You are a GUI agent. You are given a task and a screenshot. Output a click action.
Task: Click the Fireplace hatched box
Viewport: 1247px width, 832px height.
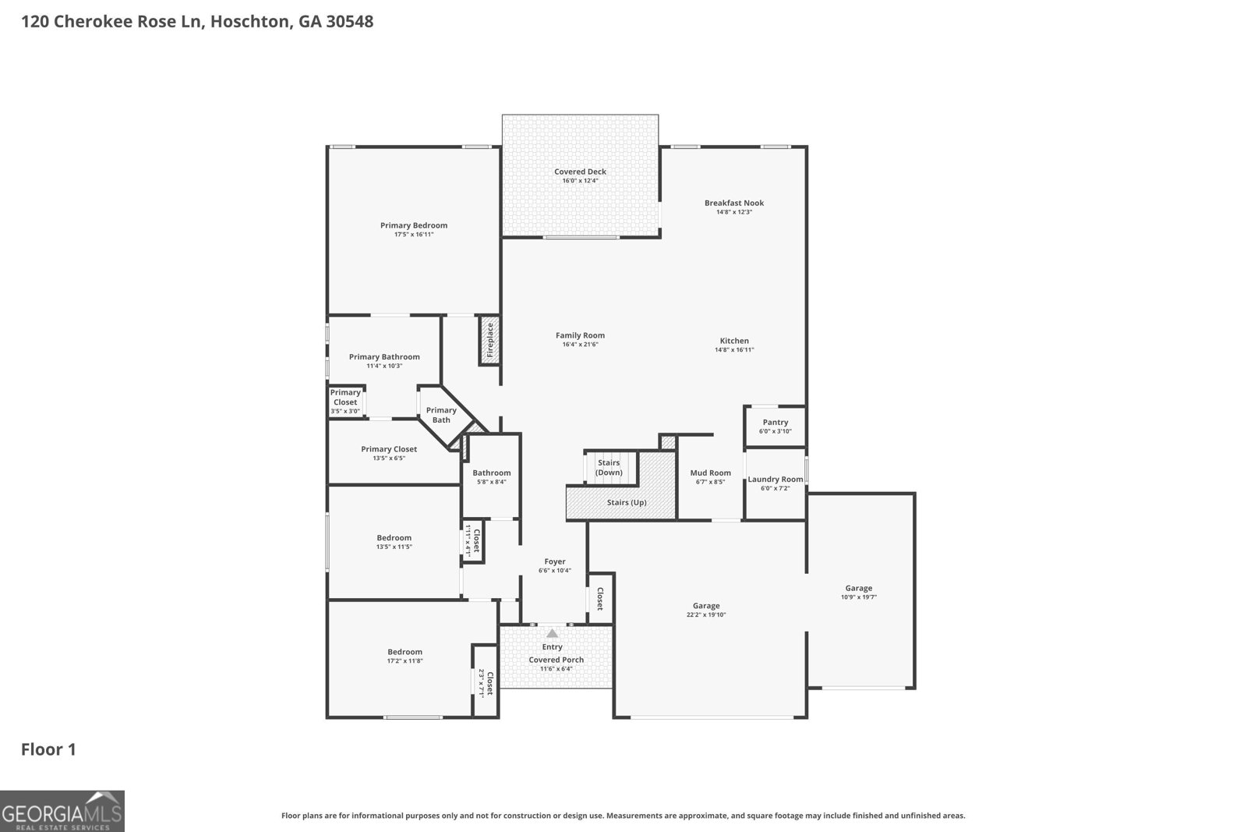click(490, 340)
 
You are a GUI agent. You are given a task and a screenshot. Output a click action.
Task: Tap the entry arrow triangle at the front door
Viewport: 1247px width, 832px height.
click(553, 633)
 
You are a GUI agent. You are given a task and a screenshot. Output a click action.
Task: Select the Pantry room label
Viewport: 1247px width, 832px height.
click(775, 422)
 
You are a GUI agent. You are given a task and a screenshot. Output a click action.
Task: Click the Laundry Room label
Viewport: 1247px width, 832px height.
click(775, 479)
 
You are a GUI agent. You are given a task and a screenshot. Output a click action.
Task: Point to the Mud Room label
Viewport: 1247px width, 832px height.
click(710, 473)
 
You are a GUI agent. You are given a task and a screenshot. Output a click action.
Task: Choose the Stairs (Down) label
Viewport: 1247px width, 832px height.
click(609, 468)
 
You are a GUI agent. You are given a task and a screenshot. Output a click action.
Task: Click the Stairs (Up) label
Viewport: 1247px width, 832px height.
click(627, 502)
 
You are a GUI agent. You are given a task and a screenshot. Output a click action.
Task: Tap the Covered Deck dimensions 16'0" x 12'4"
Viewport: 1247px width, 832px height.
click(580, 180)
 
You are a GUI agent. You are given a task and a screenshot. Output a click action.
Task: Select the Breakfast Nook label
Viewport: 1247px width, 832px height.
click(734, 203)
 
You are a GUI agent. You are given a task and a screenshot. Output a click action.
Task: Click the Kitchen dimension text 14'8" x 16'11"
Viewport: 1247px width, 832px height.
click(734, 350)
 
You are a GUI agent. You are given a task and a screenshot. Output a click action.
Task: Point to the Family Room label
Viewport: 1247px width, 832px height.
click(580, 335)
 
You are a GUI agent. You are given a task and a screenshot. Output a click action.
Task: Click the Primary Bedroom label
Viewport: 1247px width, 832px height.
click(414, 225)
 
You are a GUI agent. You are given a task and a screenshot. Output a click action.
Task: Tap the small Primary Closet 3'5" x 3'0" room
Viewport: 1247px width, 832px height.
click(345, 402)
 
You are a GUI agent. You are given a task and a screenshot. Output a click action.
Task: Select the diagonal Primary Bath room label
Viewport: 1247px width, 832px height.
click(441, 415)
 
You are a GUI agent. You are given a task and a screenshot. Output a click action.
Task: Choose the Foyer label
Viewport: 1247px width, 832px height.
click(555, 561)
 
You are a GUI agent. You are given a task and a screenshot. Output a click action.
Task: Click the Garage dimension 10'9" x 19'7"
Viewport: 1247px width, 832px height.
click(858, 597)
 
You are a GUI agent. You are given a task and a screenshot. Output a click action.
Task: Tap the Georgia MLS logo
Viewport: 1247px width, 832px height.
click(62, 811)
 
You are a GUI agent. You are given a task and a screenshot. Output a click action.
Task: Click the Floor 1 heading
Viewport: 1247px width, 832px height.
click(48, 749)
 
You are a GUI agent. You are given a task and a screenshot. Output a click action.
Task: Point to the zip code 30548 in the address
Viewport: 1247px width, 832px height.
click(350, 21)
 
